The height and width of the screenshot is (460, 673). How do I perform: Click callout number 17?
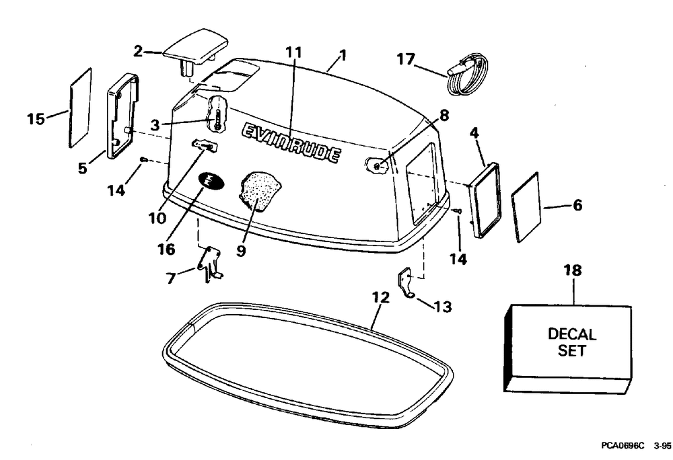[406, 60]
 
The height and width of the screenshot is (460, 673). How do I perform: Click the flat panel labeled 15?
[80, 106]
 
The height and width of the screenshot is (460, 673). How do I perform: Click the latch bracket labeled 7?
[211, 260]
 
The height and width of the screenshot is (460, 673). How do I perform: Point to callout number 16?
[166, 250]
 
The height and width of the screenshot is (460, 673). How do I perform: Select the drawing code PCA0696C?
[622, 446]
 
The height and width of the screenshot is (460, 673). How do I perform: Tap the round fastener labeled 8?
[378, 163]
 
